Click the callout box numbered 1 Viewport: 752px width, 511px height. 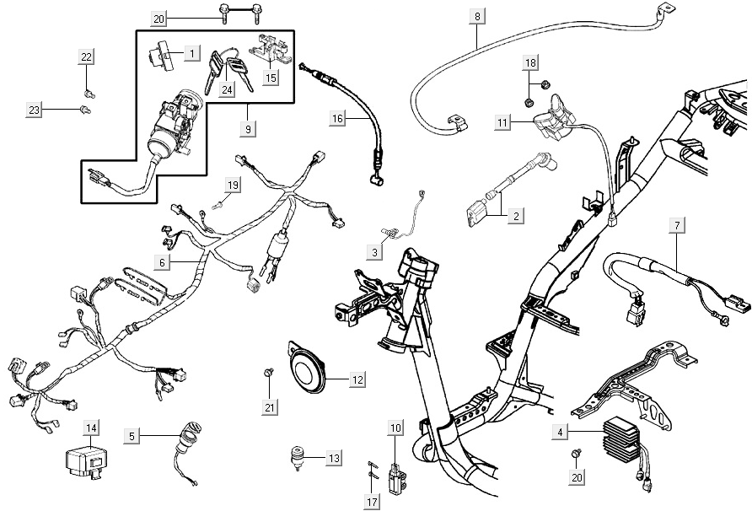(192, 53)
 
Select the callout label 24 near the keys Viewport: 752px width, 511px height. (227, 89)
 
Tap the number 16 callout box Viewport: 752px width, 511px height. (337, 119)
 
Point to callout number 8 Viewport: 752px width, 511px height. (478, 16)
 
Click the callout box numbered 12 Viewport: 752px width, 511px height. (357, 380)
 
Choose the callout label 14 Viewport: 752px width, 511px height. (90, 428)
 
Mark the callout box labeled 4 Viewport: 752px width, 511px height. (559, 433)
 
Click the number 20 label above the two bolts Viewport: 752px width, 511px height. (160, 19)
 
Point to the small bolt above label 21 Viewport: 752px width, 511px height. (269, 371)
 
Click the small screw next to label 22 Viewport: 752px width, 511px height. (89, 89)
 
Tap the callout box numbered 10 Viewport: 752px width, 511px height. (395, 428)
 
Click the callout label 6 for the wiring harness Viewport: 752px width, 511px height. (164, 262)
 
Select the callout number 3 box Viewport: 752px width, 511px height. (373, 251)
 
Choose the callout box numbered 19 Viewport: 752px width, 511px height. (233, 184)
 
